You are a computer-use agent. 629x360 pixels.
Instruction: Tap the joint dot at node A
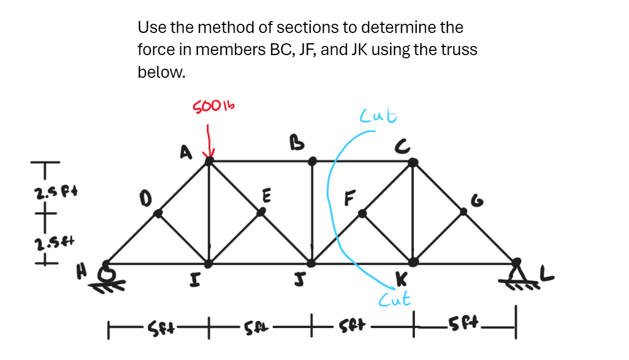(x=210, y=160)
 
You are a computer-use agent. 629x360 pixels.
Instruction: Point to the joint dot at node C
(x=412, y=162)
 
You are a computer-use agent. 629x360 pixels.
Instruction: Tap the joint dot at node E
(x=261, y=212)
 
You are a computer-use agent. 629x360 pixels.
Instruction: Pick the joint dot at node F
(x=363, y=214)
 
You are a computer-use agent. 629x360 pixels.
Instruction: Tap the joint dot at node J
(x=311, y=263)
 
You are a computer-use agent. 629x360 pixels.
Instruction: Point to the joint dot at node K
(x=413, y=262)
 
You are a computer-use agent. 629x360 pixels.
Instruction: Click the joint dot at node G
(x=463, y=212)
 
